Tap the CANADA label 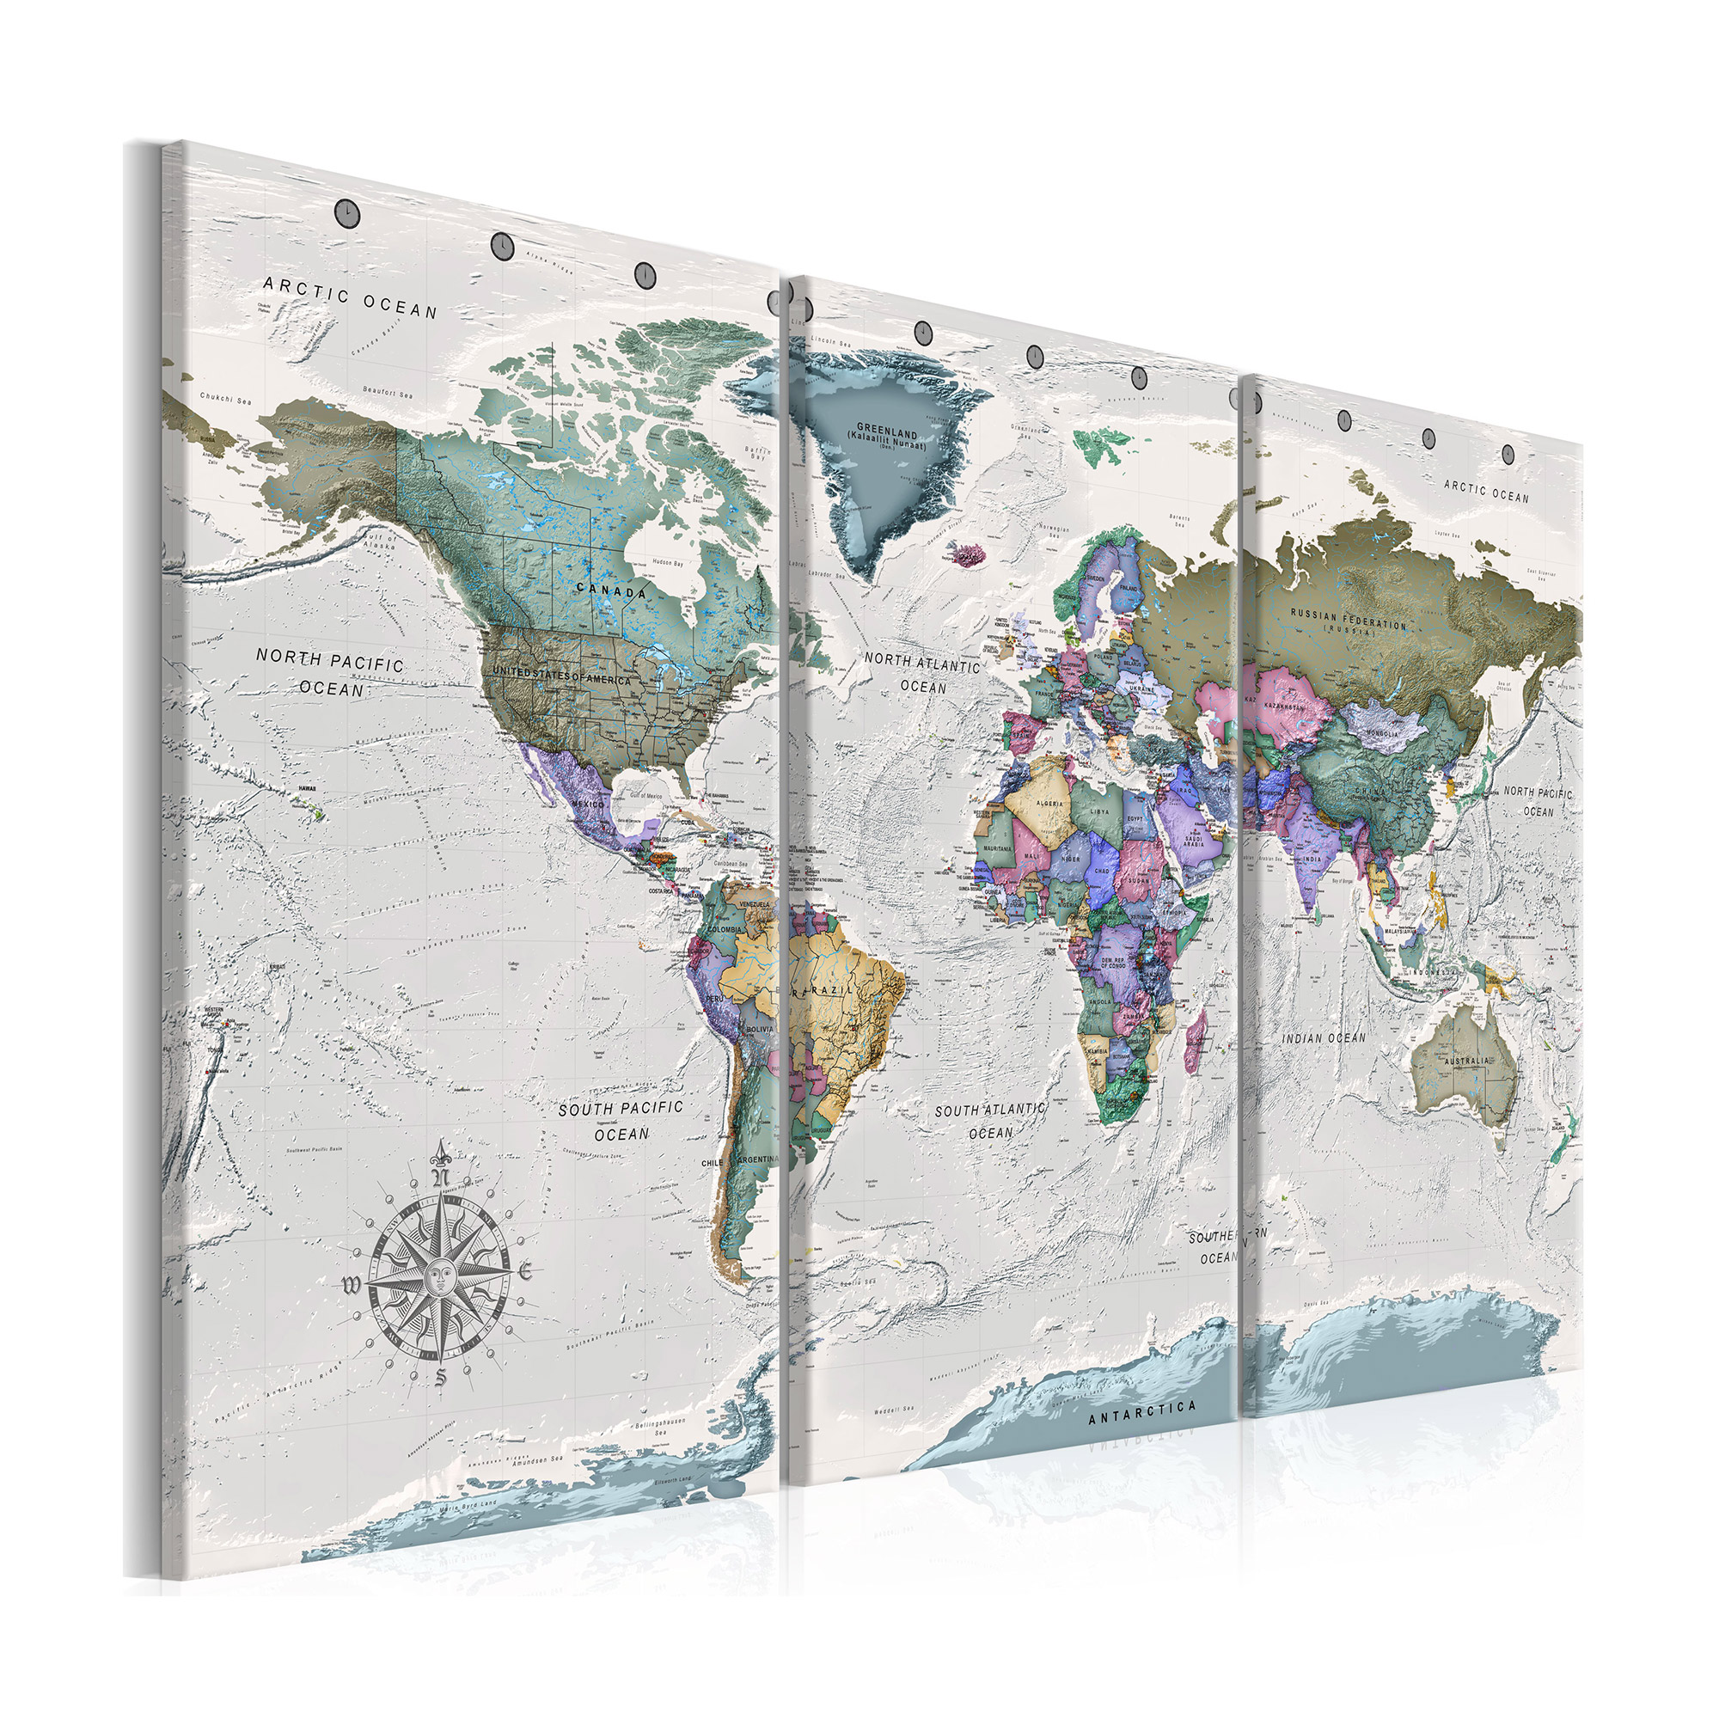[611, 590]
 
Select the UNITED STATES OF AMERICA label [561, 676]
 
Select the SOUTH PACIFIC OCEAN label [621, 1120]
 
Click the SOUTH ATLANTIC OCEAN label [990, 1121]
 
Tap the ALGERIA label [1050, 804]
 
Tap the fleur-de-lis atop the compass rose [439, 1155]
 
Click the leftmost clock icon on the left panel [346, 211]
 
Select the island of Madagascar [1196, 1036]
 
